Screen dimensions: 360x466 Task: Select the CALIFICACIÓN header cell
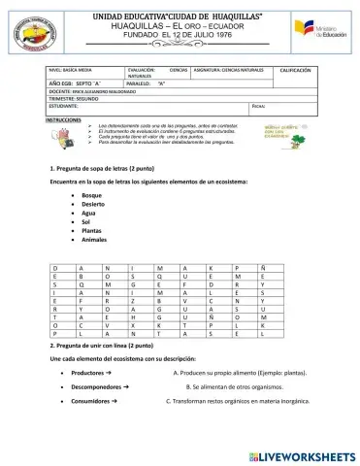pos(295,71)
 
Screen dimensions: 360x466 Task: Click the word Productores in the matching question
pos(88,372)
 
